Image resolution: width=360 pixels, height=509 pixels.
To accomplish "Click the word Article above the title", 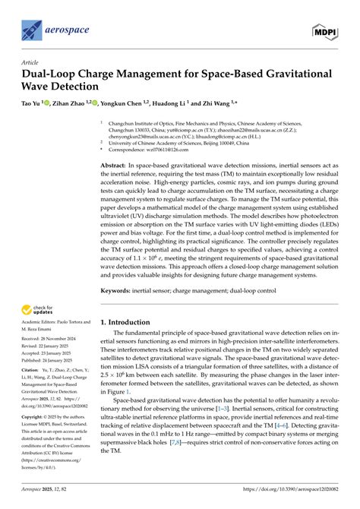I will click(x=31, y=64).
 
